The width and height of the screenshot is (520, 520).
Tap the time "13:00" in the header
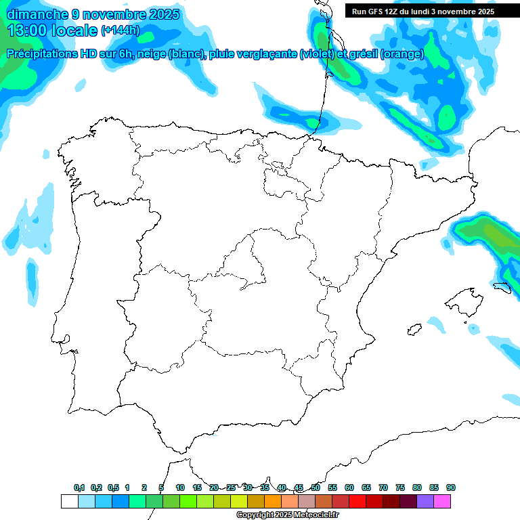tap(26, 30)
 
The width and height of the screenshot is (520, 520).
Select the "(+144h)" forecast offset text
tap(121, 30)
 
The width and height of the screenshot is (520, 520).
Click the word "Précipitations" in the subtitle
tap(49, 54)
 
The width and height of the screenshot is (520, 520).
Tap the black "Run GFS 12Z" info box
tap(422, 11)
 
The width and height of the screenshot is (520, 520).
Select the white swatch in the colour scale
tap(69, 502)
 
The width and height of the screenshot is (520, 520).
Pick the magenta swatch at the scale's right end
tap(442, 502)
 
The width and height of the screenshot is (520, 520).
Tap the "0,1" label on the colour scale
tap(79, 487)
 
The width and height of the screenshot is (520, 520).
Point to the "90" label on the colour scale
tap(451, 487)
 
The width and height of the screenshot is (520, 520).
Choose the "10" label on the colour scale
tap(180, 487)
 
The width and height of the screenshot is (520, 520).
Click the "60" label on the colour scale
tap(349, 487)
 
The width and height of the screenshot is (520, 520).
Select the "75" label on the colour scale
tap(400, 487)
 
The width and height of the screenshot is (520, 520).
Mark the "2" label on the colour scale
tap(144, 487)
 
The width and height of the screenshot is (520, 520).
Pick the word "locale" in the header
tap(74, 30)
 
